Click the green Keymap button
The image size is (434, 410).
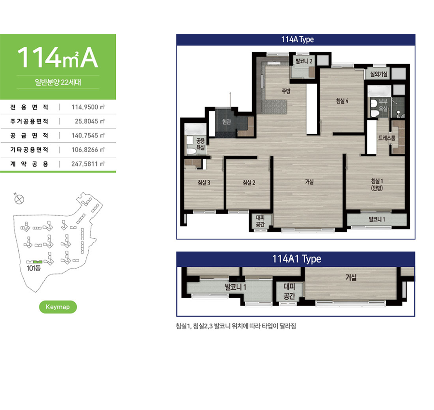(58, 307)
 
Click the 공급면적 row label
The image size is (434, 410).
(29, 136)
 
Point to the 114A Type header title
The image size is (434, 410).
(298, 39)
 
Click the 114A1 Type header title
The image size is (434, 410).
(297, 259)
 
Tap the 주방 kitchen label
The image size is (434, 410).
(286, 91)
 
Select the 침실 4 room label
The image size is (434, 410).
(342, 101)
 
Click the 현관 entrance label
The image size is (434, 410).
(227, 122)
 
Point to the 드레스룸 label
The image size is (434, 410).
(387, 138)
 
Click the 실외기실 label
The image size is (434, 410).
(379, 74)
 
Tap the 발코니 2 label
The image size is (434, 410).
(304, 61)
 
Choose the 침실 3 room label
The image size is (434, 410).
(204, 182)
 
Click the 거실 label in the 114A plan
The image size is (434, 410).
(310, 182)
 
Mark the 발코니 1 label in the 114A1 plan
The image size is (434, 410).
(235, 287)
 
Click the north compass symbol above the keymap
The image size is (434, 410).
(19, 199)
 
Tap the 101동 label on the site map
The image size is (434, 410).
(34, 268)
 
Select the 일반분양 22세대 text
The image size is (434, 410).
(58, 82)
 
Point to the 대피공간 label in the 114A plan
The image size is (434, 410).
(260, 221)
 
